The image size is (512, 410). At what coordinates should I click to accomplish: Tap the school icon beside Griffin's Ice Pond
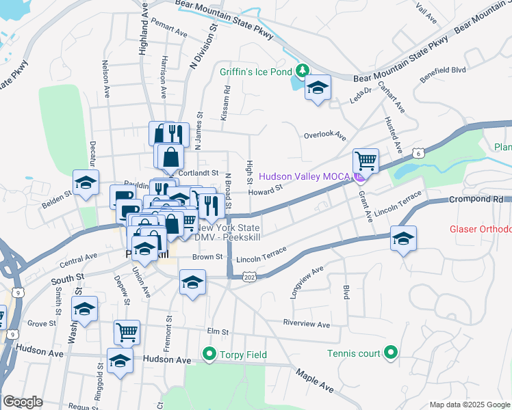(318, 87)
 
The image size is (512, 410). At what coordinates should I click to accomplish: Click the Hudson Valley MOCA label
(305, 177)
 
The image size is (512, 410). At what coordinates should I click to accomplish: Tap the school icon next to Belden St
(86, 182)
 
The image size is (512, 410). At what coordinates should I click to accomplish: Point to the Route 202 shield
(251, 277)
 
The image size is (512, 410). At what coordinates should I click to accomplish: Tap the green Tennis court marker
(390, 353)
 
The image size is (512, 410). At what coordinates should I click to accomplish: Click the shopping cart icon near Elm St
(127, 333)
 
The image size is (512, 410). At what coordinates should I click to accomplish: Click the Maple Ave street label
(315, 381)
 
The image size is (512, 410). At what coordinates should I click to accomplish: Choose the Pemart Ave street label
(171, 32)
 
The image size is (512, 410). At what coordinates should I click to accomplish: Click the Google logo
(23, 402)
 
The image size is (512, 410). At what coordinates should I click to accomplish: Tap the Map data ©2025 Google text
(469, 405)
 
